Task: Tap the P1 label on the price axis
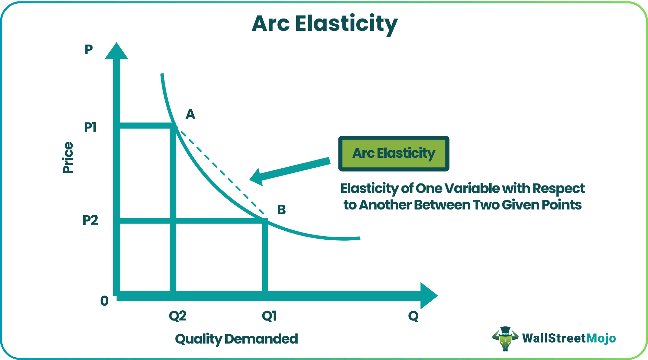[91, 128]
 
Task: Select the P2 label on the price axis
[91, 220]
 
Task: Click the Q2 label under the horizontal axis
[178, 316]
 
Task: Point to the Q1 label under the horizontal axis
[269, 316]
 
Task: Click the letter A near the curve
[190, 114]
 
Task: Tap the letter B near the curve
[281, 209]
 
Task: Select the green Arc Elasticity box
[394, 153]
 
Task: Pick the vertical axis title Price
[68, 158]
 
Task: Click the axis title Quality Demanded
[236, 339]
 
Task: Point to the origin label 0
[104, 301]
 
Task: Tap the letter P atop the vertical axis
[89, 50]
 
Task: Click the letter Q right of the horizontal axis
[413, 316]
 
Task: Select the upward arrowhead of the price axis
[117, 51]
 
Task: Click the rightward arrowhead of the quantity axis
[429, 296]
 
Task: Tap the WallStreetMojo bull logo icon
[505, 338]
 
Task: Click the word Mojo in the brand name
[601, 338]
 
